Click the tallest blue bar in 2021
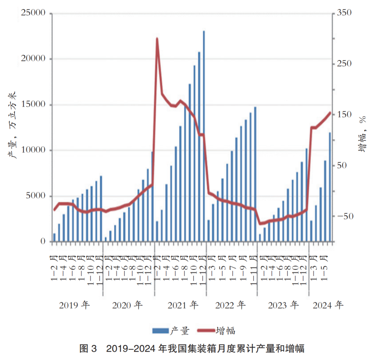point(204,136)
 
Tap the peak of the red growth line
point(157,39)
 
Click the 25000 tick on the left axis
point(34,13)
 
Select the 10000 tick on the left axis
point(34,150)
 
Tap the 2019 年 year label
point(75,305)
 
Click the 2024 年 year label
point(328,305)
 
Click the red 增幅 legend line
point(206,331)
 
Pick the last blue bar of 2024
point(330,187)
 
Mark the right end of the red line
point(330,113)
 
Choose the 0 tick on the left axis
point(43,242)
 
